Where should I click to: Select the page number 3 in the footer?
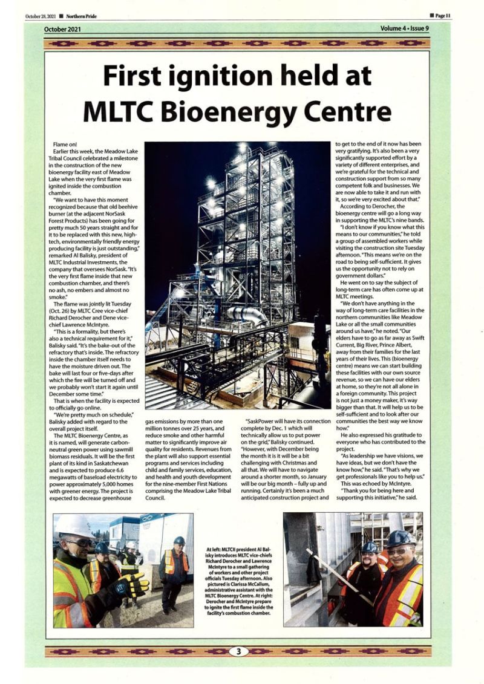[238, 651]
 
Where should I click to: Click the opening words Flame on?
[65, 145]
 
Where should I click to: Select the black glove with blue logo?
[129, 585]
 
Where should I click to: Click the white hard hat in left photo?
[72, 525]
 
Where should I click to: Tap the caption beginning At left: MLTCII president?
[238, 578]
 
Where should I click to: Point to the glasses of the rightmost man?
[398, 551]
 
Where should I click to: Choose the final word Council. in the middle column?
[156, 497]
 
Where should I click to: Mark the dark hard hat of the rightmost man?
[400, 538]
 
